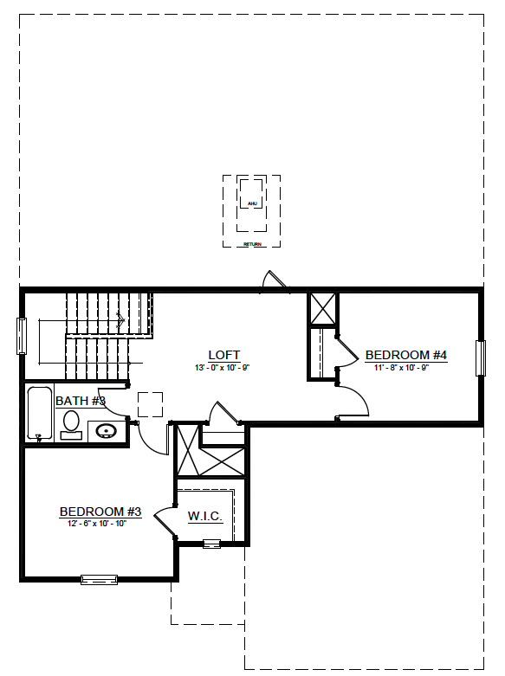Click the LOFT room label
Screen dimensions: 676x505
pos(223,355)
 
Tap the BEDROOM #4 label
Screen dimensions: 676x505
pos(405,355)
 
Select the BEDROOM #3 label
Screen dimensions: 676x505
pos(100,512)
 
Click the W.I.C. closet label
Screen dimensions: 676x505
pos(205,517)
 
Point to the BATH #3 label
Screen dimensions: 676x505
pos(80,401)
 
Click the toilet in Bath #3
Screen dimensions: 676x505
pos(71,423)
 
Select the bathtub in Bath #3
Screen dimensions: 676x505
pos(39,414)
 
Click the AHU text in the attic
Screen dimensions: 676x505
pos(252,203)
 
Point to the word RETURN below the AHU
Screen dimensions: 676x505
pos(252,245)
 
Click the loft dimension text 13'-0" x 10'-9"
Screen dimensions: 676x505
pos(223,367)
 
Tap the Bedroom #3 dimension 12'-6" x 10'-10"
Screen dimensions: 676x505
pos(97,524)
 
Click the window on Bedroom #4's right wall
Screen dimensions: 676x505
pos(480,357)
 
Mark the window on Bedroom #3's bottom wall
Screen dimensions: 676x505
pos(99,579)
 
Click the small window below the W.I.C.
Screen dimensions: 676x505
pos(211,544)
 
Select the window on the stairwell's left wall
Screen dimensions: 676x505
pos(22,336)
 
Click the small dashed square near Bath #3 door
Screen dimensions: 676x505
pos(150,404)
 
